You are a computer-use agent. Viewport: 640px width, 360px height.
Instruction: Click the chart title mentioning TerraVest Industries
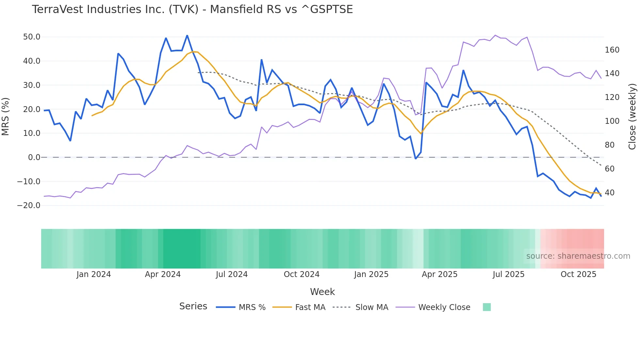click(192, 9)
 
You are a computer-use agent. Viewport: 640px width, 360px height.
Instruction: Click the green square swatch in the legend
click(487, 307)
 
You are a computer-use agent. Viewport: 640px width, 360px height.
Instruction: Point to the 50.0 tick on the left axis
click(32, 37)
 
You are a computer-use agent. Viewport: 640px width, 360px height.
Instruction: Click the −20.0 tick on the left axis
click(29, 205)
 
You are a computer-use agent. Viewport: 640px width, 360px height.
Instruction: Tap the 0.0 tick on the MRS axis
click(34, 157)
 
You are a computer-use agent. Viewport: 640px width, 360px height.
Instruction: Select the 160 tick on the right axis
click(612, 50)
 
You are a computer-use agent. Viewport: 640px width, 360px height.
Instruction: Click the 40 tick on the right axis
click(609, 193)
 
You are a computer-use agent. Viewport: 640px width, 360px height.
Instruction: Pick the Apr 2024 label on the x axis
click(163, 274)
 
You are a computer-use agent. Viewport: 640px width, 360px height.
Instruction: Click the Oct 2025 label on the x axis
click(578, 274)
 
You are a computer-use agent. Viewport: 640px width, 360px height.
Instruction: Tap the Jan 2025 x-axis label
click(371, 274)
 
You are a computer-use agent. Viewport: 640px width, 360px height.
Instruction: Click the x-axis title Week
click(322, 292)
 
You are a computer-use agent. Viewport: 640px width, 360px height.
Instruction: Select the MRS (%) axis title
click(6, 116)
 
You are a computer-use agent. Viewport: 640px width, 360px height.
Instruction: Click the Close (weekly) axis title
click(632, 117)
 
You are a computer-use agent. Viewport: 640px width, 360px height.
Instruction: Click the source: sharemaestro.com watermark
click(578, 256)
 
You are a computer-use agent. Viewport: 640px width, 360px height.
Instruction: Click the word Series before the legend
click(193, 306)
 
